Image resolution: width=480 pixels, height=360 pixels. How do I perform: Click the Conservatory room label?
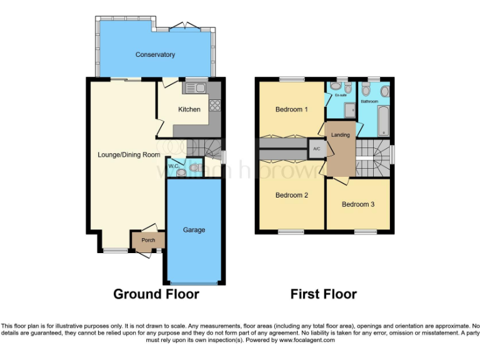[155, 55]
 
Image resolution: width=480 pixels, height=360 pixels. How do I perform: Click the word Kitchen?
[189, 109]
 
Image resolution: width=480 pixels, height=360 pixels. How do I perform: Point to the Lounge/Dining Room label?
[129, 154]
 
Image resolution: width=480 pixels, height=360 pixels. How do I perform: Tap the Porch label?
[148, 240]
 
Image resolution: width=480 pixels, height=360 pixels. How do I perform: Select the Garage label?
[194, 230]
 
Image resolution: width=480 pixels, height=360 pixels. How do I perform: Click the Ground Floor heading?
[156, 294]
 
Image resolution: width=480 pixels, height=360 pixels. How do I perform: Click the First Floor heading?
[323, 294]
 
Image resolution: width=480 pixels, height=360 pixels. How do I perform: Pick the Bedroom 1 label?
[292, 109]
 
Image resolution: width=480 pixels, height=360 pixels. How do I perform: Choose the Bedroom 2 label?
[292, 195]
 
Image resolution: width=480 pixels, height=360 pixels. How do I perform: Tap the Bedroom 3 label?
[358, 204]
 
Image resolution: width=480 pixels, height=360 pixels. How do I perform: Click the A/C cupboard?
[316, 149]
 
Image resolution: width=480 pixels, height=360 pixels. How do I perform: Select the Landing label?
[340, 134]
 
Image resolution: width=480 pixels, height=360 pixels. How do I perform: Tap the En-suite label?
[341, 96]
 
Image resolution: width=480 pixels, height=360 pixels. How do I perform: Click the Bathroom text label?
[369, 101]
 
